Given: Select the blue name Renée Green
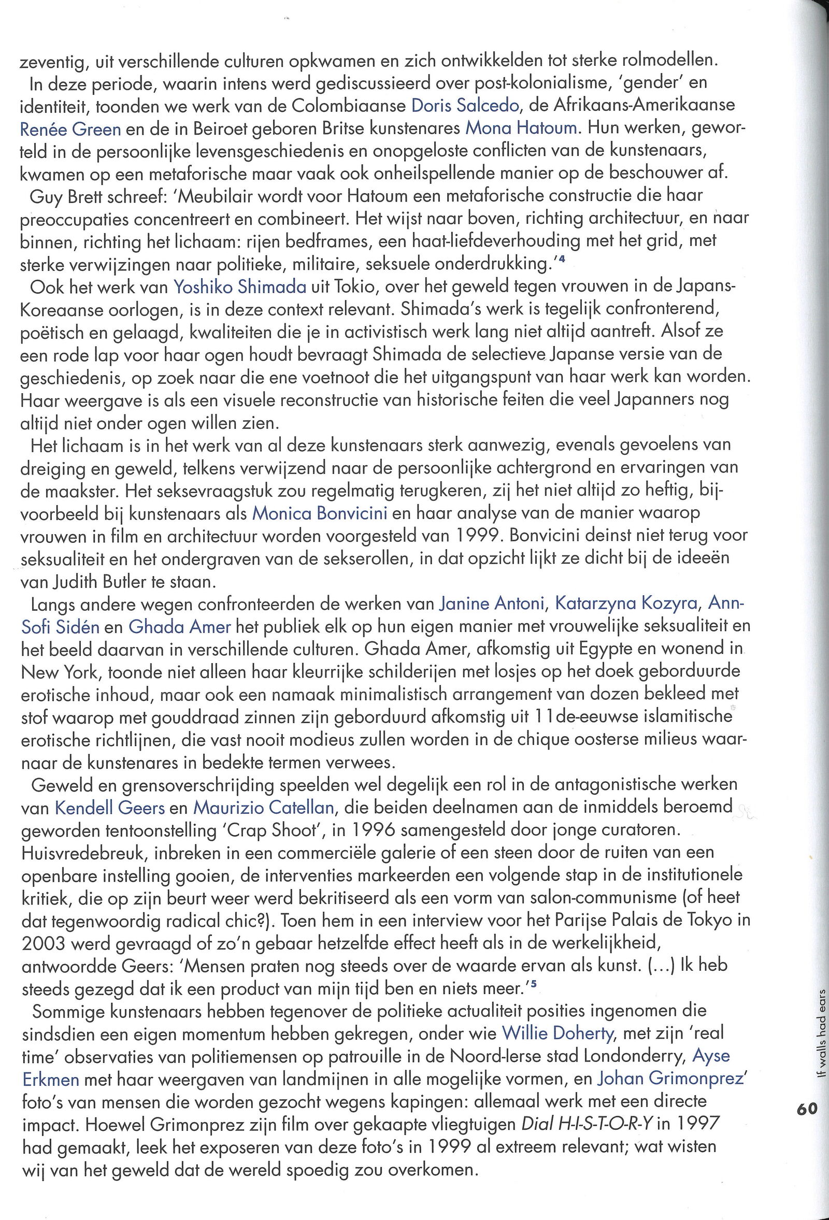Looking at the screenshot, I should (x=70, y=128).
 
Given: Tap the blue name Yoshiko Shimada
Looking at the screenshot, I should (x=240, y=286).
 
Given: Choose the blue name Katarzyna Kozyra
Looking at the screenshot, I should (x=626, y=604).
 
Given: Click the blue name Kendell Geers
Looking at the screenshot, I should (x=110, y=807).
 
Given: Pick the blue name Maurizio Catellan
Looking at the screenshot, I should (x=264, y=807).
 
